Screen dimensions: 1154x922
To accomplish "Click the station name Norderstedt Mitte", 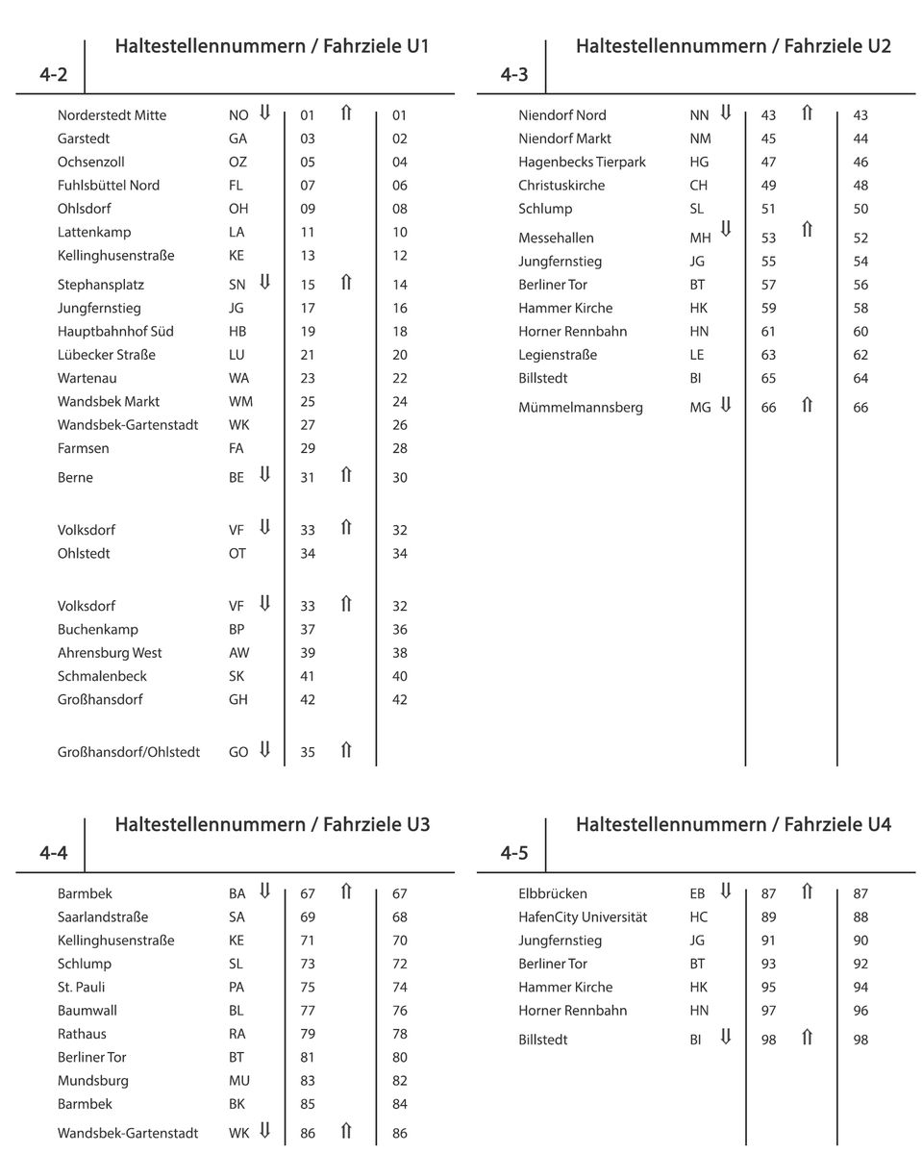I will pos(112,115).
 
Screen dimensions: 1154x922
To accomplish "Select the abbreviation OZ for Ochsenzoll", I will pos(237,163).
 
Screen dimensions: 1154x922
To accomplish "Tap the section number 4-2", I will pos(53,75).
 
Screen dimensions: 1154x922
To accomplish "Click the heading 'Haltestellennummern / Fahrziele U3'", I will pos(272,824).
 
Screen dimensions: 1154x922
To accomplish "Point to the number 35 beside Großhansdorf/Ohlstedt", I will pos(308,752).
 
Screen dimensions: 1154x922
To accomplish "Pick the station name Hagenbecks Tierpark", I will pos(582,163).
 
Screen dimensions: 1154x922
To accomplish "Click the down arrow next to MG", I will pos(726,406).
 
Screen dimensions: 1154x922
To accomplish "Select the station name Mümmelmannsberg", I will pos(581,408).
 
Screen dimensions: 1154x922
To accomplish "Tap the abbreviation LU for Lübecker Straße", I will pos(237,355).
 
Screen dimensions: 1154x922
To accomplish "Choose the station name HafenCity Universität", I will pos(583,917).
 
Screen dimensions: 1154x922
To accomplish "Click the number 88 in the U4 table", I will pos(860,917).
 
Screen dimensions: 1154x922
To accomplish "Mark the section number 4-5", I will pos(514,853).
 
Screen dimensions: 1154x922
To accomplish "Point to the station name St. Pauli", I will pos(82,988).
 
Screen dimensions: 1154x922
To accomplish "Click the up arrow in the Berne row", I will pos(346,475).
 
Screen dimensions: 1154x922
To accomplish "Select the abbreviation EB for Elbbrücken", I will pos(697,894).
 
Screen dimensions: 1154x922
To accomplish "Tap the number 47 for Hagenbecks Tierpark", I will pos(768,163).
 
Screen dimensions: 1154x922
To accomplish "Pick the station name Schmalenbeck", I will pos(102,676).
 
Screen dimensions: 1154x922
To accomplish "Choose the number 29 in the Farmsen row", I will pos(308,448).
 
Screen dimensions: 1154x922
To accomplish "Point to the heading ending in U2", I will pos(733,46).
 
